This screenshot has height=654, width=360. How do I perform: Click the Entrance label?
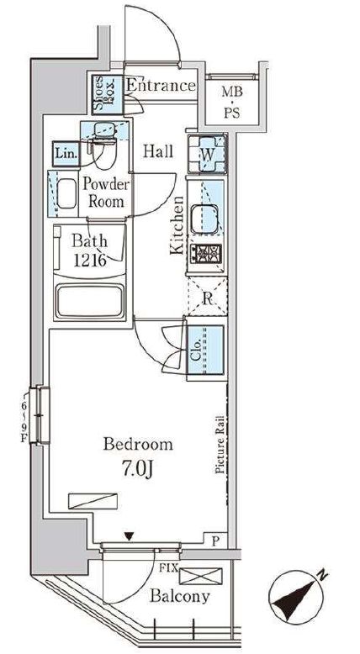tap(161, 86)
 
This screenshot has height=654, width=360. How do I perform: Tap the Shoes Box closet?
tap(108, 94)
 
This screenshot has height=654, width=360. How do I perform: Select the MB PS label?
tap(231, 103)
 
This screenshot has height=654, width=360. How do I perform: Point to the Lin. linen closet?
tap(66, 154)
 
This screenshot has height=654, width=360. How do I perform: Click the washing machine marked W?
tap(207, 154)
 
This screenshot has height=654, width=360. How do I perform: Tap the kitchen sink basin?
tap(204, 219)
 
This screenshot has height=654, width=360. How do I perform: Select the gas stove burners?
tap(206, 254)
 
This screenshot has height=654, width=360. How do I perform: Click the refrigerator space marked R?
tap(208, 297)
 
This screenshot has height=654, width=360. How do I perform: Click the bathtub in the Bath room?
tap(90, 300)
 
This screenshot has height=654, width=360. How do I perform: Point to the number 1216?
tap(89, 260)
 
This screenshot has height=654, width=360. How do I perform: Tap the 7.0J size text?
tap(138, 469)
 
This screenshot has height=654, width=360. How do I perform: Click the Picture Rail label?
tap(220, 445)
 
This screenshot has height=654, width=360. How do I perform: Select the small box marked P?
tap(215, 541)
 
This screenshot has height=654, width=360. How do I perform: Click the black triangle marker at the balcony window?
tap(130, 536)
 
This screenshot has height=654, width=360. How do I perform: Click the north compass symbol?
tap(298, 598)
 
